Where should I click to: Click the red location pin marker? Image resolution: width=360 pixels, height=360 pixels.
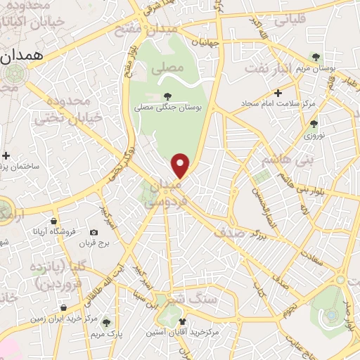click(181, 165)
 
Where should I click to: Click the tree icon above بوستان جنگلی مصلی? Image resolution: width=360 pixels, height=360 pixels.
click(167, 96)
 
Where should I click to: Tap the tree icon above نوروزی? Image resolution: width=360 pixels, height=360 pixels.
click(314, 124)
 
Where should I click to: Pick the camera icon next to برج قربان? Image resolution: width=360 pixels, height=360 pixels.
click(94, 232)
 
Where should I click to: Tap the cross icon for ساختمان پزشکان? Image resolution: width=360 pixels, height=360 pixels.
click(6, 155)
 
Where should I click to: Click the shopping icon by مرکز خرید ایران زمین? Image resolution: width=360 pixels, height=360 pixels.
click(64, 308)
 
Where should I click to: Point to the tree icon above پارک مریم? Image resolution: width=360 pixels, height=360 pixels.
click(106, 322)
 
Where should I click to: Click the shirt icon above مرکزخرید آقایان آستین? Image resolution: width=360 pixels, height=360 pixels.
click(183, 321)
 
